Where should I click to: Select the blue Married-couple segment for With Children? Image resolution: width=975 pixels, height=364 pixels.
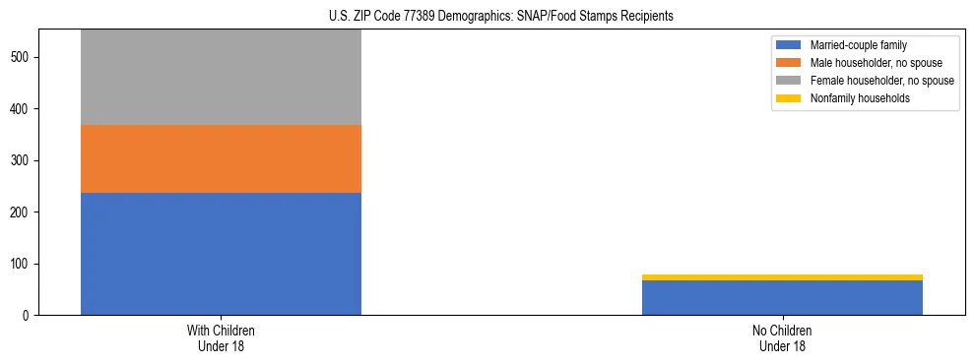pyautogui.click(x=221, y=254)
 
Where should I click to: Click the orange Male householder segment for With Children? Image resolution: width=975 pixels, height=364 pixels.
pyautogui.click(x=221, y=158)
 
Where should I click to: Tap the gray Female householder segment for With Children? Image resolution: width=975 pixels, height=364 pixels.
pyautogui.click(x=221, y=77)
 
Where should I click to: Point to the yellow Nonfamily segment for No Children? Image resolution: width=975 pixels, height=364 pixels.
pyautogui.click(x=782, y=277)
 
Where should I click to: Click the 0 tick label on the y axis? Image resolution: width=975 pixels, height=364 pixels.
pyautogui.click(x=27, y=316)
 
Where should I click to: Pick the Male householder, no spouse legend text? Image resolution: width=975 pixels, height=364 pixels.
pyautogui.click(x=868, y=63)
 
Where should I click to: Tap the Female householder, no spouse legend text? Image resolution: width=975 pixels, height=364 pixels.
pyautogui.click(x=881, y=81)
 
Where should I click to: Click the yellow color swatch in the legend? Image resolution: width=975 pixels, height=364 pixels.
pyautogui.click(x=789, y=98)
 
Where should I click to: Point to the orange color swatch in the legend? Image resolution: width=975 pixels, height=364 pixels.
pyautogui.click(x=789, y=63)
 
